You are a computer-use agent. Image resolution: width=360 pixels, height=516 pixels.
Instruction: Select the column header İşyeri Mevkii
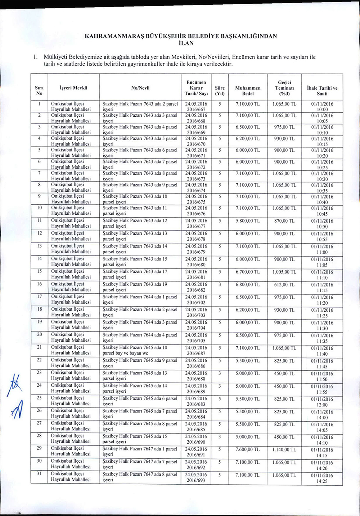(x=73, y=88)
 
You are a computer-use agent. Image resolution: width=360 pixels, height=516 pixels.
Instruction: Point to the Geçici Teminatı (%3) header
(x=284, y=88)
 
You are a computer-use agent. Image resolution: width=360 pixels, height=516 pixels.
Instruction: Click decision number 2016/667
(x=196, y=110)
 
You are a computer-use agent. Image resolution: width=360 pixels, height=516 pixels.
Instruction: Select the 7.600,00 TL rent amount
(x=248, y=449)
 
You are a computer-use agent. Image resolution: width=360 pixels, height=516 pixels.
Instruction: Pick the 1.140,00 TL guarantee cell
(x=284, y=449)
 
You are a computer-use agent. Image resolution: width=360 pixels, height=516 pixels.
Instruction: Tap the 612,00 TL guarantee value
(x=284, y=285)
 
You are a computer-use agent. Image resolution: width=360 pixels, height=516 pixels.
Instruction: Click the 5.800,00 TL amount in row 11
(x=248, y=221)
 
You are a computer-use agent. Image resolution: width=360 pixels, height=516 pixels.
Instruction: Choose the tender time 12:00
(x=322, y=405)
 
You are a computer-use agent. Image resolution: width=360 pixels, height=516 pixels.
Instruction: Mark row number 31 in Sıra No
(x=39, y=473)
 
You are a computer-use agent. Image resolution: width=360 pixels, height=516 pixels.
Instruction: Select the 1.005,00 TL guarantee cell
(x=284, y=272)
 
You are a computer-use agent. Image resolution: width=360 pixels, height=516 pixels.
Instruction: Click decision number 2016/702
(x=196, y=303)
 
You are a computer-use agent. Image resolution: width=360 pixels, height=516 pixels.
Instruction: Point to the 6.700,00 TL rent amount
(x=248, y=272)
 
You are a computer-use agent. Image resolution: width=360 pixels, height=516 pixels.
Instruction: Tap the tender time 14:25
(x=322, y=481)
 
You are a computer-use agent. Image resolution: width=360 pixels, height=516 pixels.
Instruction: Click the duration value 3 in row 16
(x=220, y=284)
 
